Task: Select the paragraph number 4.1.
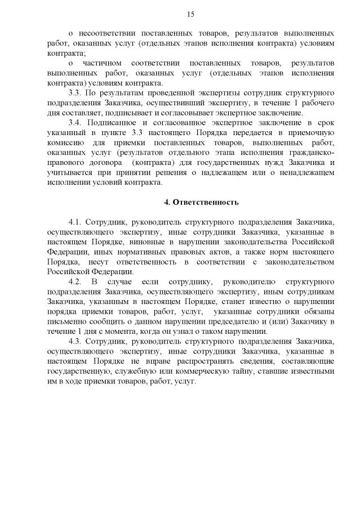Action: pos(76,222)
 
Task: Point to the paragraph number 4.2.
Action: pos(76,280)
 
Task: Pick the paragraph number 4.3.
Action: pos(76,341)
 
